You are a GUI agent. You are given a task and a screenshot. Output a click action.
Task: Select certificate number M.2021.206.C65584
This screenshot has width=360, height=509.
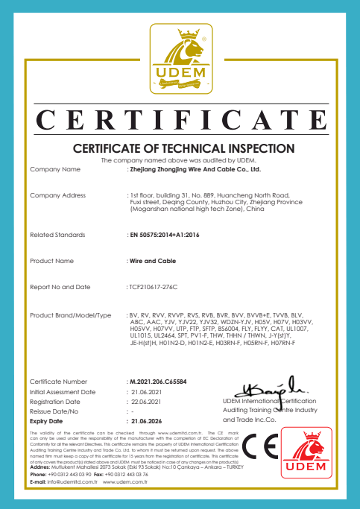[x=162, y=381]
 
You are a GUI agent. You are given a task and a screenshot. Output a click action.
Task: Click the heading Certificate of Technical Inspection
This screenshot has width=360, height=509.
[x=179, y=148]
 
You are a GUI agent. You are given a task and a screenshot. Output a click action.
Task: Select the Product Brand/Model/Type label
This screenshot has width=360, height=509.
[x=70, y=315]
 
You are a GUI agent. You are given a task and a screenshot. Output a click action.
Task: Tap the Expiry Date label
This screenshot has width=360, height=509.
[x=47, y=421]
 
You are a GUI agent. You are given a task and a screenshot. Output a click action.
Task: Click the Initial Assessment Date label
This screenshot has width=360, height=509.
[x=62, y=391]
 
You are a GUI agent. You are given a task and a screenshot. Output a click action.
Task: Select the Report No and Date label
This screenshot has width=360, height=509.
[x=60, y=286]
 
